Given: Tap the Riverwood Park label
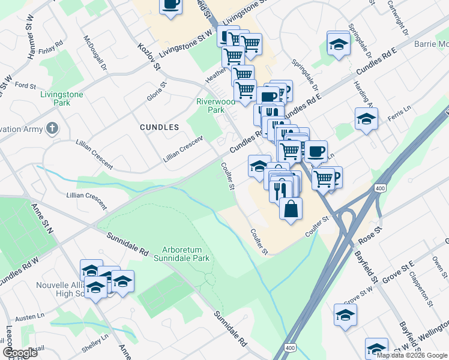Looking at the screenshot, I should [211, 106].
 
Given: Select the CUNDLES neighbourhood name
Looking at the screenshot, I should [159, 127].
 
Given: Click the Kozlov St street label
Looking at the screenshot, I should [149, 57].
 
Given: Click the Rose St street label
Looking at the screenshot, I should [370, 235].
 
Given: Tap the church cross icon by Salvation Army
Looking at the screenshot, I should [53, 128].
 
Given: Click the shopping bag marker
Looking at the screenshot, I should [291, 209].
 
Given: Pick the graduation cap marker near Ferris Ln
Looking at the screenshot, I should [366, 119].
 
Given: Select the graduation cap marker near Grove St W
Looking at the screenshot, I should [345, 314].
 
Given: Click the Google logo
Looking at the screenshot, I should [20, 353].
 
